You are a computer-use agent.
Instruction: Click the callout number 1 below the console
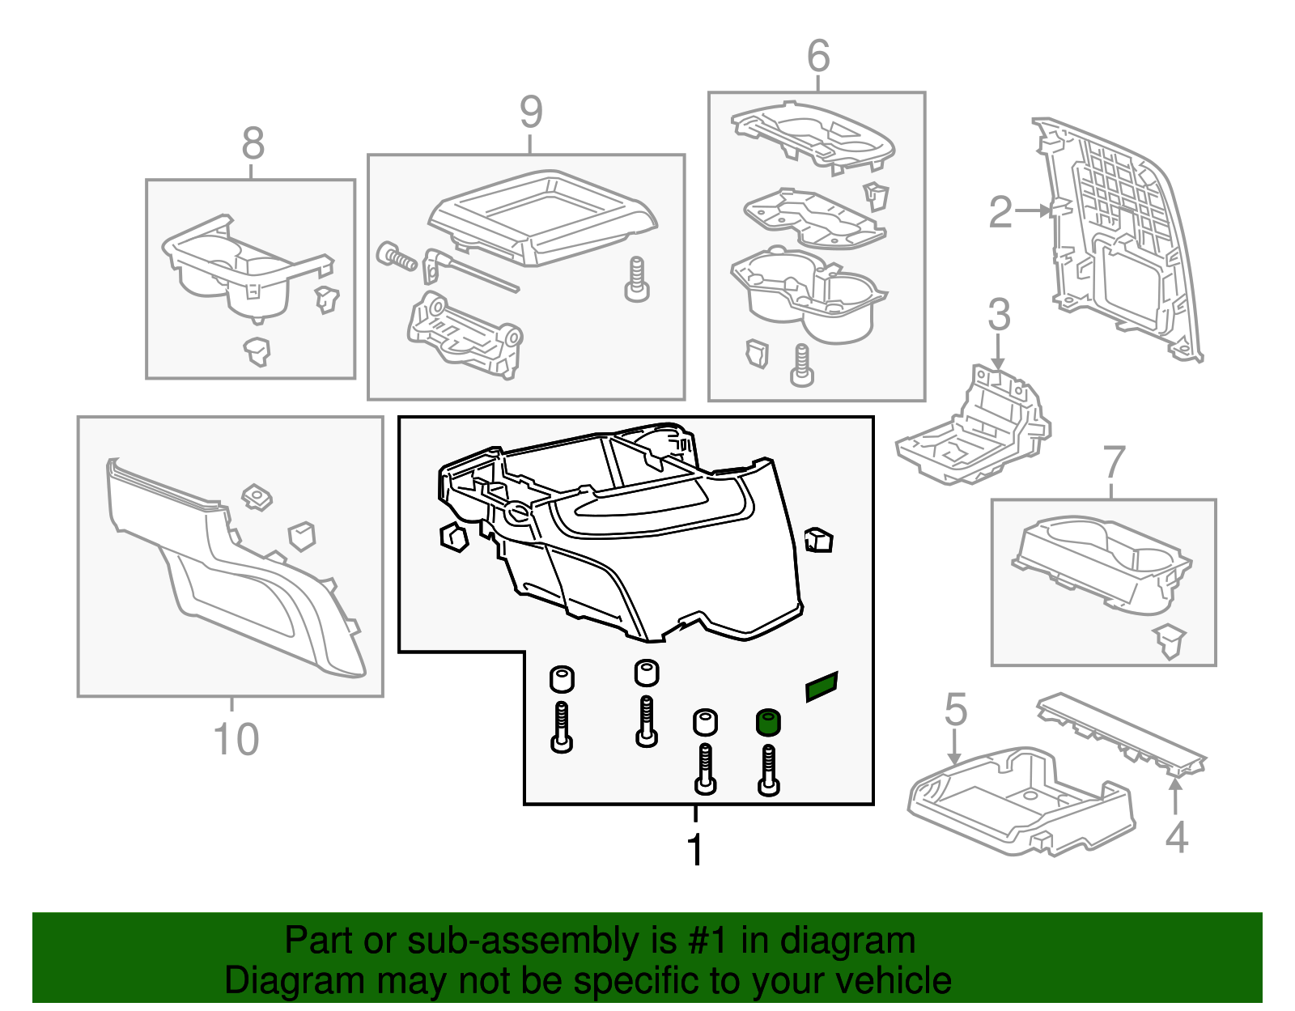pyautogui.click(x=694, y=850)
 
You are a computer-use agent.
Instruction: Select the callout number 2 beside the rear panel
pyautogui.click(x=1001, y=212)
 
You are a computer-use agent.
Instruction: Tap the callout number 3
pyautogui.click(x=999, y=314)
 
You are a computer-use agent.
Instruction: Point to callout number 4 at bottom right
pyautogui.click(x=1176, y=837)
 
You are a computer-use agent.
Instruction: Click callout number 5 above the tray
pyautogui.click(x=956, y=709)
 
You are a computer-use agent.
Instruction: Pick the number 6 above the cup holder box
pyautogui.click(x=818, y=57)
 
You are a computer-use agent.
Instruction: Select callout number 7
pyautogui.click(x=1115, y=462)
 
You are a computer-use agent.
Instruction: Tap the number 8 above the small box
pyautogui.click(x=253, y=144)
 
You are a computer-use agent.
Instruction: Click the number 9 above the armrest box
pyautogui.click(x=530, y=112)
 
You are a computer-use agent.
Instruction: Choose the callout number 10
pyautogui.click(x=236, y=739)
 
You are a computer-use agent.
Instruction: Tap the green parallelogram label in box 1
pyautogui.click(x=822, y=687)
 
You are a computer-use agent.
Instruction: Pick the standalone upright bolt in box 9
pyautogui.click(x=637, y=280)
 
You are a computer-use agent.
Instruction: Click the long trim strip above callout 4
pyautogui.click(x=1121, y=730)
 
